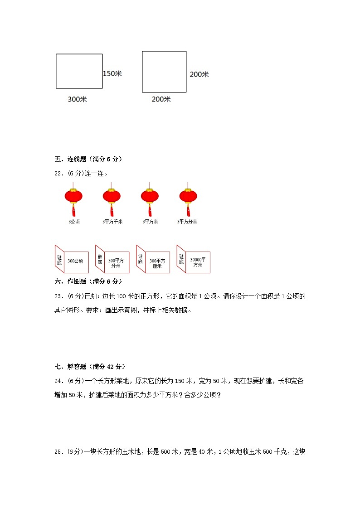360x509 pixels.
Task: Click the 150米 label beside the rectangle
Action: (x=112, y=73)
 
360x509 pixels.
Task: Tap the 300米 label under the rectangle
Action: (x=77, y=99)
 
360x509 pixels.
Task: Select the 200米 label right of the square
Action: (x=199, y=74)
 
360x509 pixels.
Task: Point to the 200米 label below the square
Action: (x=161, y=99)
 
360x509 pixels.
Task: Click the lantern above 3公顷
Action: (x=73, y=197)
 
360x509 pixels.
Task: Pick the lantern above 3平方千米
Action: (x=112, y=197)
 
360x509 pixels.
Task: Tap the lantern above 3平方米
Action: (x=150, y=197)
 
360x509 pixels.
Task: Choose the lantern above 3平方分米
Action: (x=188, y=197)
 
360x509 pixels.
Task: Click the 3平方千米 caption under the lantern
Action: (x=112, y=222)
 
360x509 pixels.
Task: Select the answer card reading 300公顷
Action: (x=75, y=262)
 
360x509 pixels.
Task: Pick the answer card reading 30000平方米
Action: (x=198, y=262)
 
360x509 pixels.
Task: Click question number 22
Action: (x=58, y=173)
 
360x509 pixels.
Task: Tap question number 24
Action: (x=58, y=381)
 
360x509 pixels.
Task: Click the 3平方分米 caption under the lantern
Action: (x=187, y=222)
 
